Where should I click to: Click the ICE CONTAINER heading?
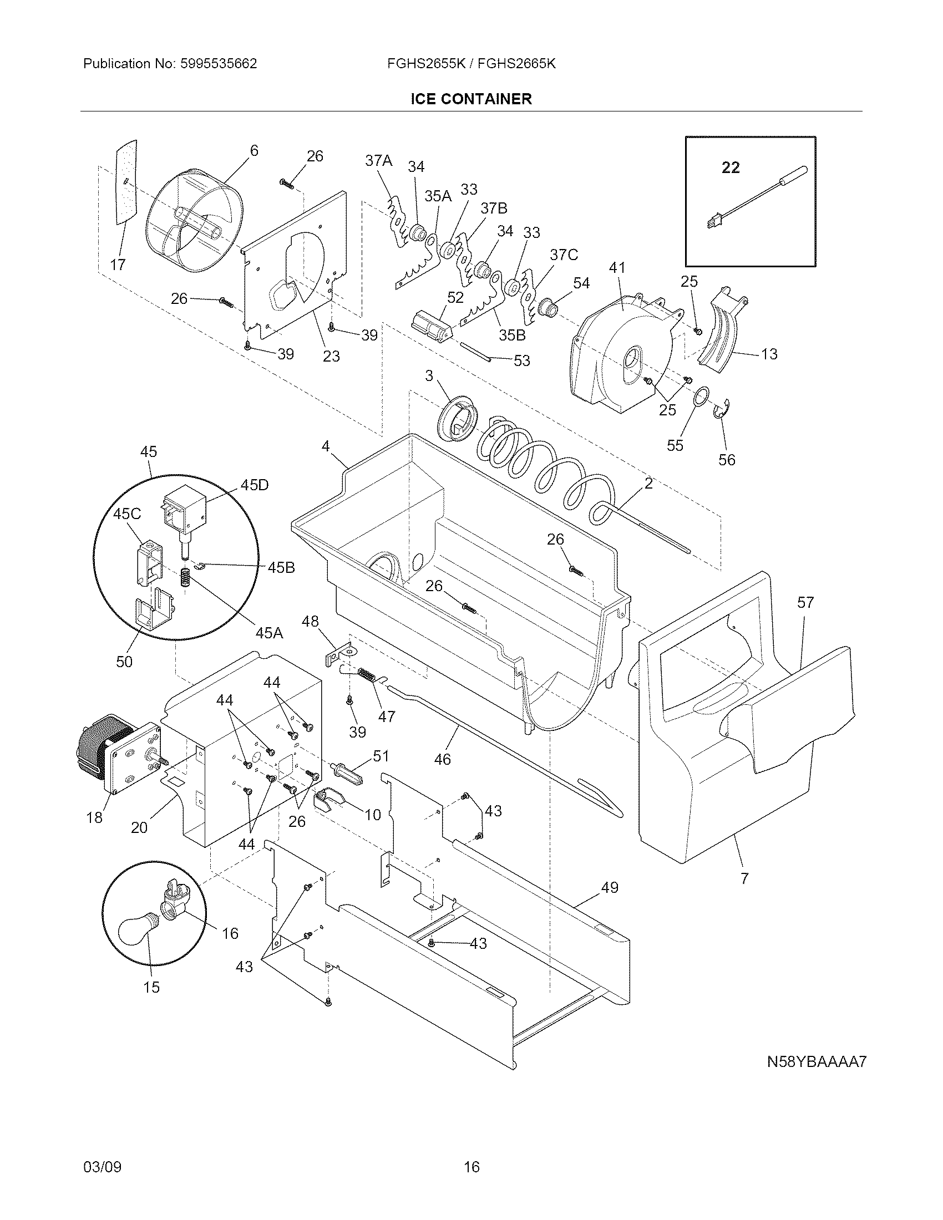(x=471, y=99)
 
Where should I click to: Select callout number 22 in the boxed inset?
(x=731, y=167)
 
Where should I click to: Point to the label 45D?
(x=254, y=485)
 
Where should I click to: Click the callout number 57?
(x=805, y=603)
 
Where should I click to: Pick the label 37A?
(x=378, y=161)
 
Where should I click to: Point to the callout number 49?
(x=610, y=887)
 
